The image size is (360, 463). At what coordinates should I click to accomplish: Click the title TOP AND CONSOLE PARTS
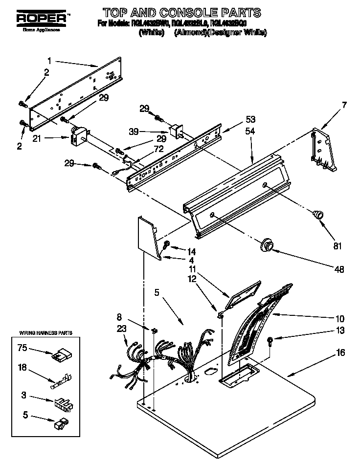(x=181, y=12)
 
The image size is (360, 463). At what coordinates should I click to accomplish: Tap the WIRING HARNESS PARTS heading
(x=45, y=333)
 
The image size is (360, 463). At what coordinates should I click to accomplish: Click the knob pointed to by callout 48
(x=267, y=245)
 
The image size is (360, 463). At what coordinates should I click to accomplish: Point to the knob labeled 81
(x=318, y=214)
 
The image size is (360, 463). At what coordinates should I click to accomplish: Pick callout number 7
(x=344, y=105)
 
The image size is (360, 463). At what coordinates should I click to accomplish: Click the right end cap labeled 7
(x=323, y=149)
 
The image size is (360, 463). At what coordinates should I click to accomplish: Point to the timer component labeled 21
(x=78, y=136)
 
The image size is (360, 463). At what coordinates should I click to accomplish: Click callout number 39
(x=147, y=132)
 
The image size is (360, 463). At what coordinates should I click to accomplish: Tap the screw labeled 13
(x=270, y=340)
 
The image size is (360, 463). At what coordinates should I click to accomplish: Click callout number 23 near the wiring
(x=121, y=329)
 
